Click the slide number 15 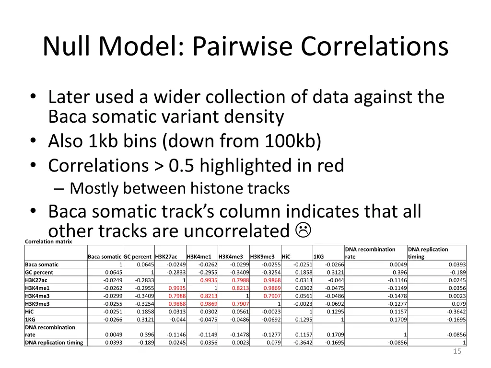pyautogui.click(x=457, y=352)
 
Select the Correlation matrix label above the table pyautogui.click(x=48, y=241)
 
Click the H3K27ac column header pyautogui.click(x=166, y=256)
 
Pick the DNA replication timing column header pyautogui.click(x=428, y=253)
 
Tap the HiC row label pyautogui.click(x=29, y=311)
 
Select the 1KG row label pyautogui.click(x=30, y=319)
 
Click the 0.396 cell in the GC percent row pyautogui.click(x=400, y=272)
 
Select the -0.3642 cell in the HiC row pyautogui.click(x=456, y=311)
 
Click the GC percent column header pyautogui.click(x=138, y=256)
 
